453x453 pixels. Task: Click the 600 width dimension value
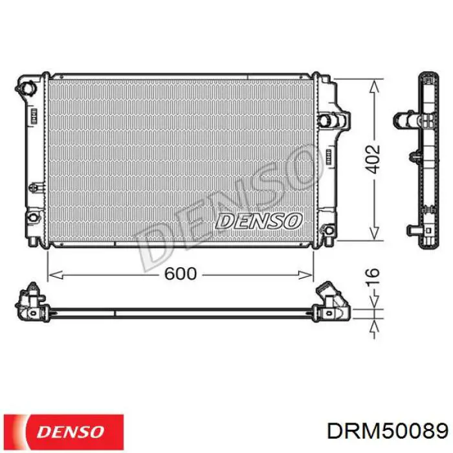(x=181, y=273)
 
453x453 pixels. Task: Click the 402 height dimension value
(x=373, y=159)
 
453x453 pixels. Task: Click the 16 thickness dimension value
(x=373, y=277)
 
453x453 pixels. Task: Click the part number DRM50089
(x=388, y=432)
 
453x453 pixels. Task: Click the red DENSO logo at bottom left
(x=63, y=432)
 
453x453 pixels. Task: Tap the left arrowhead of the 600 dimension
(x=56, y=275)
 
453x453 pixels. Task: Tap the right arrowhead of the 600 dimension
(x=305, y=275)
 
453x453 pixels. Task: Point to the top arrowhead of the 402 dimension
(x=375, y=86)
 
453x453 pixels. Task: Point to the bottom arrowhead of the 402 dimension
(x=375, y=233)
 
